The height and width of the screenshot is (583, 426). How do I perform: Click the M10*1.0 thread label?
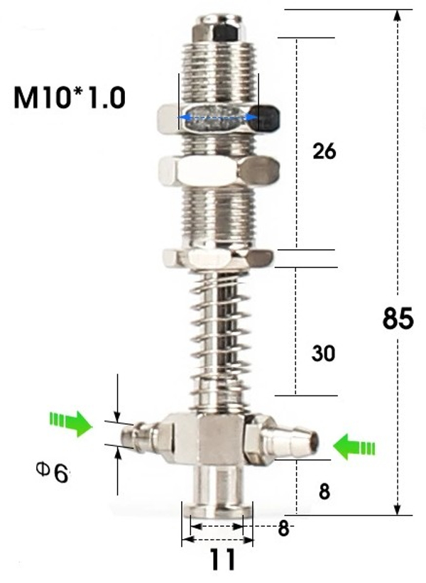coord(70,97)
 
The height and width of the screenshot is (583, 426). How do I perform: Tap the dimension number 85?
coord(398,318)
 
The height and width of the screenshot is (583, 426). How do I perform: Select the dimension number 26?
coord(324,151)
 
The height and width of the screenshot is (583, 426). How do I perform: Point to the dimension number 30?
coord(323,353)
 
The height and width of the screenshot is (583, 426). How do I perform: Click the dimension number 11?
coord(223,559)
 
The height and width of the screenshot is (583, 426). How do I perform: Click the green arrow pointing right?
coord(70,423)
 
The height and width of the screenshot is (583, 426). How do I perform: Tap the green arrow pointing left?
coord(354,447)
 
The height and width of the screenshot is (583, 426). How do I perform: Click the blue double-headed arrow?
coord(218,117)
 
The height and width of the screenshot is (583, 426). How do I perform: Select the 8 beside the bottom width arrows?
coord(283,528)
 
